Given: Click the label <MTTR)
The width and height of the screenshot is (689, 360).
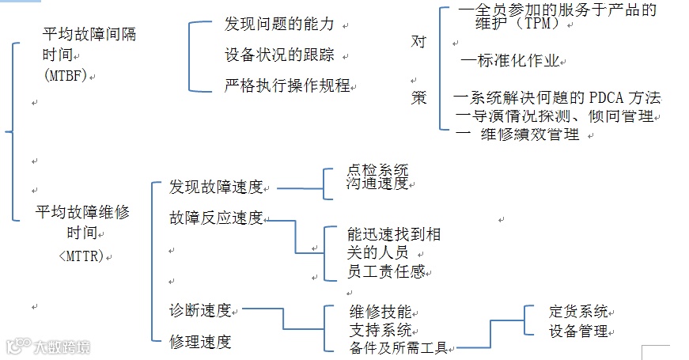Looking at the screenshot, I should [x=81, y=256].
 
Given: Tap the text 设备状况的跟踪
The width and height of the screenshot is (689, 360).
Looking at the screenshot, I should [x=278, y=55].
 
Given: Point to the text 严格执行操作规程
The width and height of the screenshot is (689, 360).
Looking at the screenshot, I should [x=287, y=85].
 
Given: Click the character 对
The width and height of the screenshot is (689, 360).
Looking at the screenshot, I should [x=418, y=41].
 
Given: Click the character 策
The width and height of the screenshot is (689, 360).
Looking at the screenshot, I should [x=418, y=98].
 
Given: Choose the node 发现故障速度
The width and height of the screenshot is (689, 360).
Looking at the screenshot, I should [x=216, y=188].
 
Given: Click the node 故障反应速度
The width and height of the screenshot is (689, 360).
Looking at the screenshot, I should [x=216, y=218].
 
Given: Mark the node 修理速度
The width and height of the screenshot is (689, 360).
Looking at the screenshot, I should [x=200, y=342].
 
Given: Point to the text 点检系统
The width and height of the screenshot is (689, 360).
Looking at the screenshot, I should [x=377, y=169].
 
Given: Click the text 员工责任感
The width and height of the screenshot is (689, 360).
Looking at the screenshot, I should [x=386, y=271].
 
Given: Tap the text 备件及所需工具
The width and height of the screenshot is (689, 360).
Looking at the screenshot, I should [x=398, y=347].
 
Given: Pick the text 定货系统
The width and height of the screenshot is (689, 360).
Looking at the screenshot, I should [x=577, y=312].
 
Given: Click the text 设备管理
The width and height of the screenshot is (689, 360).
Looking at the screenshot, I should [x=577, y=331].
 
